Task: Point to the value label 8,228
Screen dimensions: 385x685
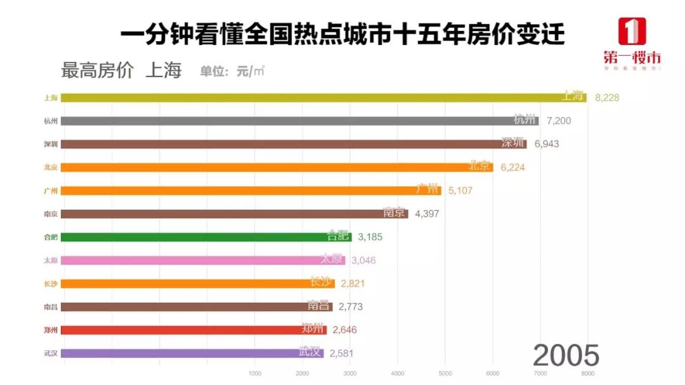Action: tap(607, 98)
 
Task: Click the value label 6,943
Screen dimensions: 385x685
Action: tap(547, 144)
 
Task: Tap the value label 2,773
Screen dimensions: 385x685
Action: tap(351, 306)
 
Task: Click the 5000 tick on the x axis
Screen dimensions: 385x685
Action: tap(445, 373)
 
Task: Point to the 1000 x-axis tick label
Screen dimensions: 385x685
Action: tap(255, 373)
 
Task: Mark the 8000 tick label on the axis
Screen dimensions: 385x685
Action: tap(587, 373)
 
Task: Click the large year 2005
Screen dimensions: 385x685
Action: tap(566, 355)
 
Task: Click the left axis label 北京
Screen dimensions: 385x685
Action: tap(51, 167)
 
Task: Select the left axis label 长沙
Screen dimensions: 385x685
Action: tap(51, 284)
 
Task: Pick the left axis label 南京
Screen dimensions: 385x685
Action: tap(51, 214)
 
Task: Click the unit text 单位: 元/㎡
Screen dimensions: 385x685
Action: tap(232, 71)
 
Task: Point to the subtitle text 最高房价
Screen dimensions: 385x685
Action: tap(97, 70)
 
